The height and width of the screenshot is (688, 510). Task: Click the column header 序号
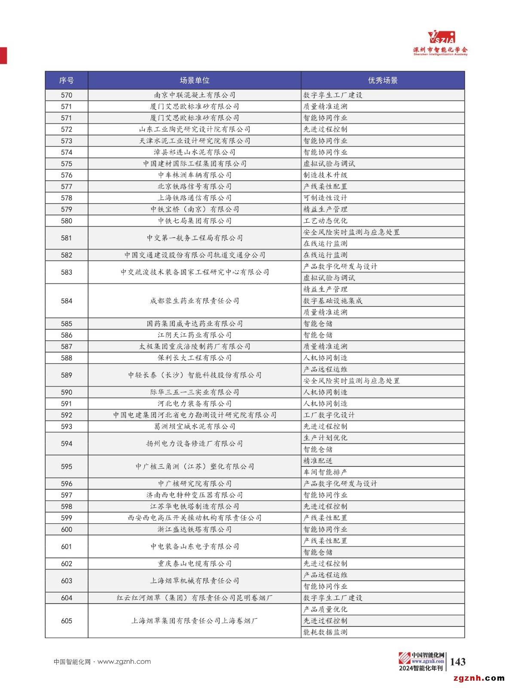coord(66,80)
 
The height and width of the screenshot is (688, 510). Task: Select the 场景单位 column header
coord(195,80)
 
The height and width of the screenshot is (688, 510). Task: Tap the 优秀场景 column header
coord(382,80)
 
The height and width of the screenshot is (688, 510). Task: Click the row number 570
coord(66,95)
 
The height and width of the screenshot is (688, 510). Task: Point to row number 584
coord(66,301)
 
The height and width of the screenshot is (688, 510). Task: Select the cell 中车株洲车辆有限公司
coord(195,175)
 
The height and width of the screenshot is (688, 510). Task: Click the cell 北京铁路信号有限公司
coord(195,187)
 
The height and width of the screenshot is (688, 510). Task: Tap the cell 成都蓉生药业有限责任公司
coord(195,301)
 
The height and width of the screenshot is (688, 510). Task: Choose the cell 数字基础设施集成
coord(333,301)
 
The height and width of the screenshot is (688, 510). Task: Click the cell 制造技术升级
coord(325,175)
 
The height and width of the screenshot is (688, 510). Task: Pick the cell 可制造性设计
coord(325,198)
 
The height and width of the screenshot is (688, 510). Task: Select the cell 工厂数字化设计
coord(329,415)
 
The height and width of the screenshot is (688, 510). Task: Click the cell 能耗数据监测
coord(325,632)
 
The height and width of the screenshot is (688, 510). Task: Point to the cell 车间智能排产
coord(325,472)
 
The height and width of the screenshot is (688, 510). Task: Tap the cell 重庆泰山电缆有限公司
coord(195,564)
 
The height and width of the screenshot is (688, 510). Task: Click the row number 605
coord(66,621)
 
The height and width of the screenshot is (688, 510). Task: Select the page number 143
coord(458,662)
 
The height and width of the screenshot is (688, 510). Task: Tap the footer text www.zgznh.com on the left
coord(124,662)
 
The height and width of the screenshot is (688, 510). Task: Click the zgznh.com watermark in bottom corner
coord(479,679)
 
